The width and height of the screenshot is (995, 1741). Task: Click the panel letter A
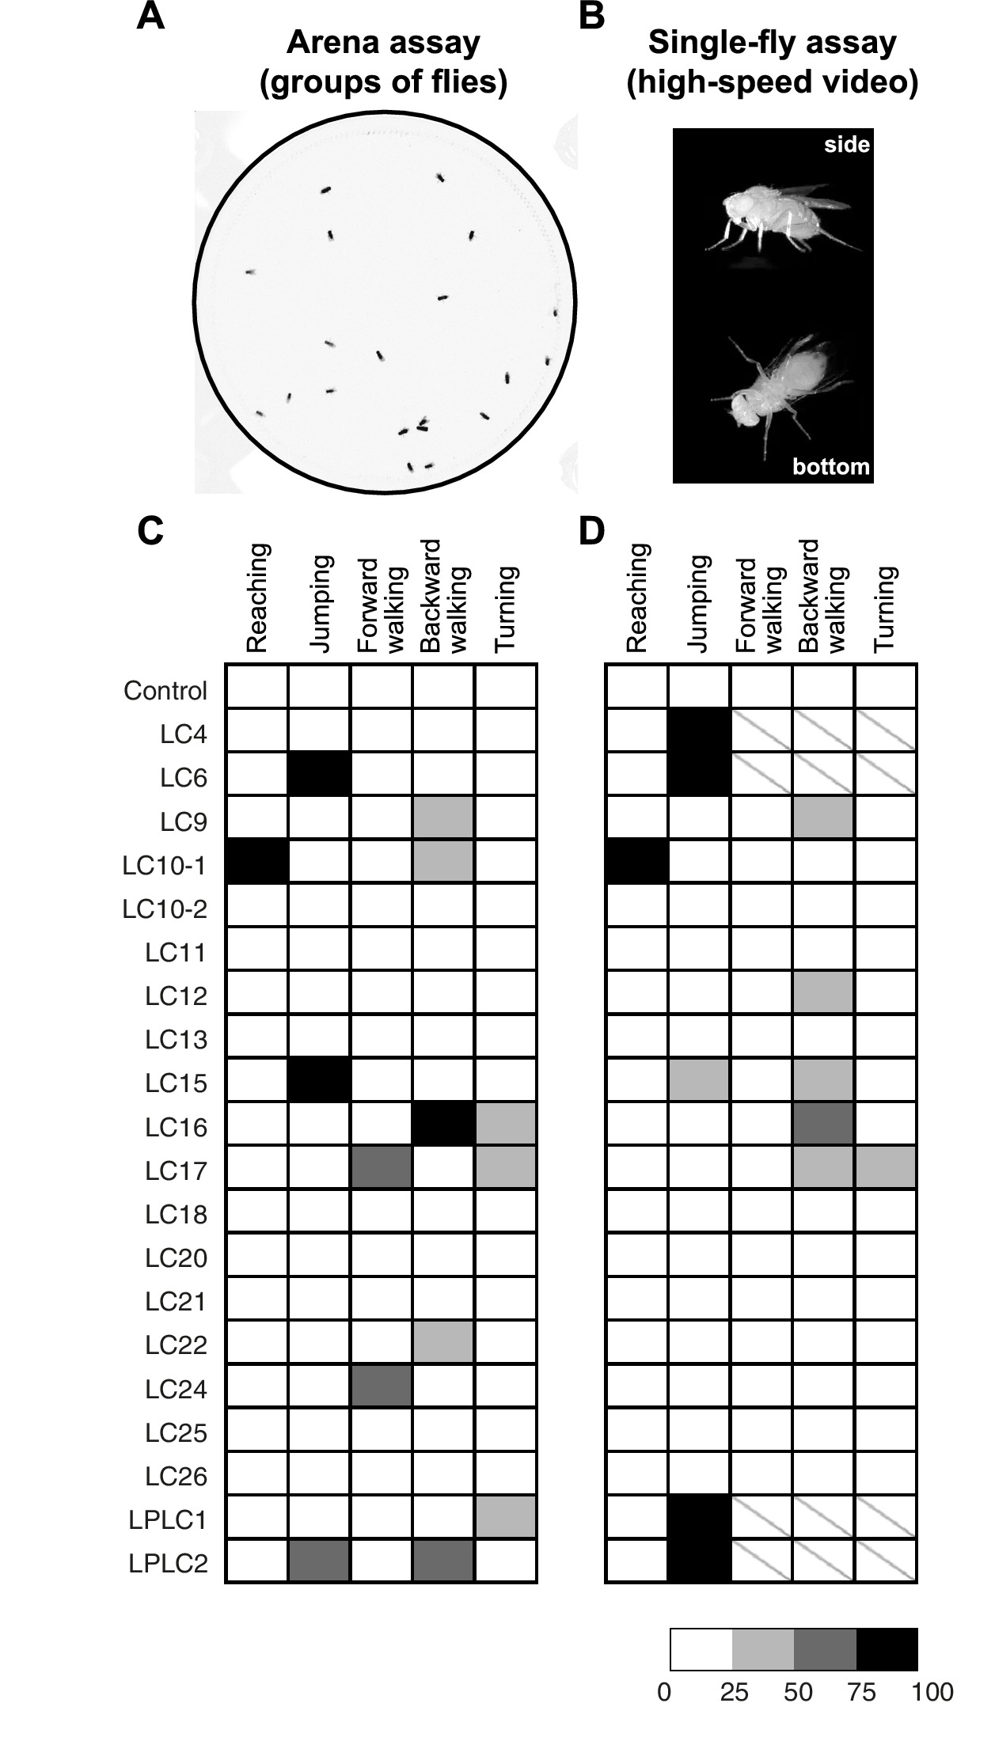tap(151, 16)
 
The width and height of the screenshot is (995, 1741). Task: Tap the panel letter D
tap(592, 532)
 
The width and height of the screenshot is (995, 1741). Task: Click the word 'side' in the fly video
tap(846, 145)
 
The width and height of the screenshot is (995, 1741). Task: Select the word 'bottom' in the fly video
tap(831, 467)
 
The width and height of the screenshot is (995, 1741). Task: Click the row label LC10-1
tap(165, 866)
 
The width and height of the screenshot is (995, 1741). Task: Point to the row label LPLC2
tap(169, 1564)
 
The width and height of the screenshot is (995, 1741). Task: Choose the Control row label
tap(165, 691)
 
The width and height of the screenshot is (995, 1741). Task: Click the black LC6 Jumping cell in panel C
tap(319, 774)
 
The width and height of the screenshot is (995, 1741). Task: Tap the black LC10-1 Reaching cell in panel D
tap(637, 861)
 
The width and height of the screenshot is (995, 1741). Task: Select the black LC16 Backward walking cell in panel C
tap(443, 1124)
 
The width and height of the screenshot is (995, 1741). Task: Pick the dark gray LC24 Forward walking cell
tap(382, 1386)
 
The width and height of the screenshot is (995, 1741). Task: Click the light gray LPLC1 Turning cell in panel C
tap(506, 1516)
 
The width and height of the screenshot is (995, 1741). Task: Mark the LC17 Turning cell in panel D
tap(886, 1167)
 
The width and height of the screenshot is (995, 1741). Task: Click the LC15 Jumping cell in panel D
tap(699, 1079)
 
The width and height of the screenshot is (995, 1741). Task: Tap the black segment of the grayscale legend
tap(887, 1649)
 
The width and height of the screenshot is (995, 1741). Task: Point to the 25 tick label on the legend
tap(734, 1693)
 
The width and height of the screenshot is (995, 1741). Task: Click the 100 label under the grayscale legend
tap(932, 1693)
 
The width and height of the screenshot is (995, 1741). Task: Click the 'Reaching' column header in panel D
tap(637, 597)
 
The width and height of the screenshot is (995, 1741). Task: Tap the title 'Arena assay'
tap(383, 43)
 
